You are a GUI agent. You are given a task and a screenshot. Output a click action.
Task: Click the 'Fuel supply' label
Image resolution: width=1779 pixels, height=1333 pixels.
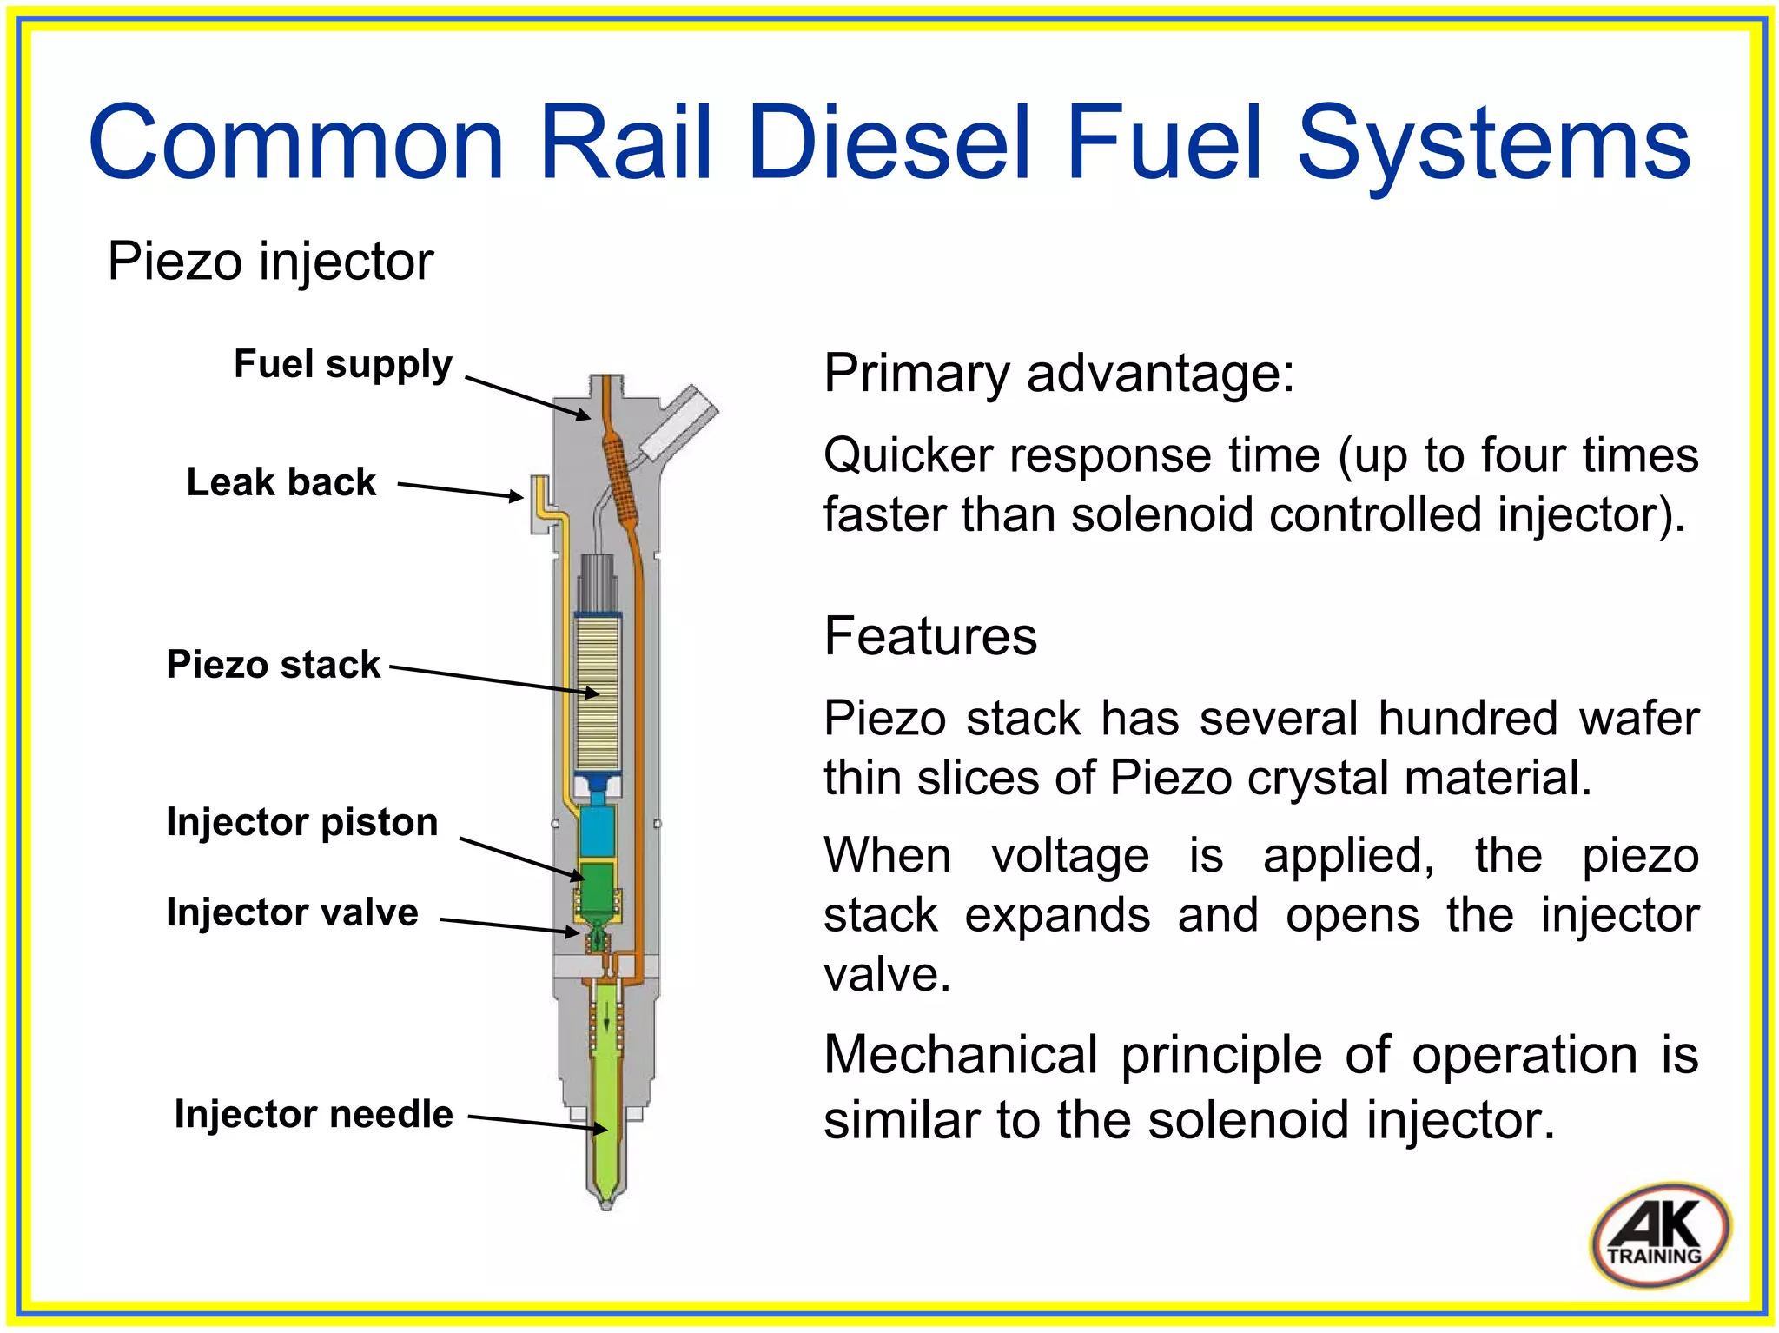click(343, 364)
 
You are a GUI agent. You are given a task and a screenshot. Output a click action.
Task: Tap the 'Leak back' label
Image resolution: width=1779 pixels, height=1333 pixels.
click(281, 482)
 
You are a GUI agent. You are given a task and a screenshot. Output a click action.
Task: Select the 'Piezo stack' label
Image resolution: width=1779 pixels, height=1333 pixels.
click(273, 665)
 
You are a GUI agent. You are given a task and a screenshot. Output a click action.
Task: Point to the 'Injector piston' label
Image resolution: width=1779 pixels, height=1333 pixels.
click(301, 822)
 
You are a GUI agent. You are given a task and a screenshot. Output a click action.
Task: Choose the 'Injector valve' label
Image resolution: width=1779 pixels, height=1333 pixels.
click(292, 912)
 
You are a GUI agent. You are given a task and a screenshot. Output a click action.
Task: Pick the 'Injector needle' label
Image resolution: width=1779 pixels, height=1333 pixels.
click(314, 1114)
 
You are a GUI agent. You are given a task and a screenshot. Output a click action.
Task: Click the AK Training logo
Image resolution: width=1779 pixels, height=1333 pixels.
click(1659, 1234)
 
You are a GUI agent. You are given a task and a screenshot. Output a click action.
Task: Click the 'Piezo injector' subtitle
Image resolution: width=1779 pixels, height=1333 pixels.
click(270, 261)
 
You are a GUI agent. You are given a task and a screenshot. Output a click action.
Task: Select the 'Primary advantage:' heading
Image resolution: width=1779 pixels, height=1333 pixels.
click(1059, 373)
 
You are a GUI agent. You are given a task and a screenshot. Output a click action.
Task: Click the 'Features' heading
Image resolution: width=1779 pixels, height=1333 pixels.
click(930, 636)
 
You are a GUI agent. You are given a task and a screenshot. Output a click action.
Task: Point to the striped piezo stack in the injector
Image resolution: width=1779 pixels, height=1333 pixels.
click(598, 695)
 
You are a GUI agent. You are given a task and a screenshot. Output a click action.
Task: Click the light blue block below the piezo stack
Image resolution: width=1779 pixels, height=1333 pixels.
click(597, 831)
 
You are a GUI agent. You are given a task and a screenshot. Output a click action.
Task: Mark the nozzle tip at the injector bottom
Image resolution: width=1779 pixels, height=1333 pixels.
click(606, 1201)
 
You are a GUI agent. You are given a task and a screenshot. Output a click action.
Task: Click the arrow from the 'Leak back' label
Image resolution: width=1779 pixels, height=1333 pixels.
click(460, 490)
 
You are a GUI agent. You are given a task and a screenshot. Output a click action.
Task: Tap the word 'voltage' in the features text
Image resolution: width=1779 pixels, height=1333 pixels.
click(1070, 856)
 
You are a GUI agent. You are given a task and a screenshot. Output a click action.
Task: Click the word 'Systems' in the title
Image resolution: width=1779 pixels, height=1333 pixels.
click(1493, 143)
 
